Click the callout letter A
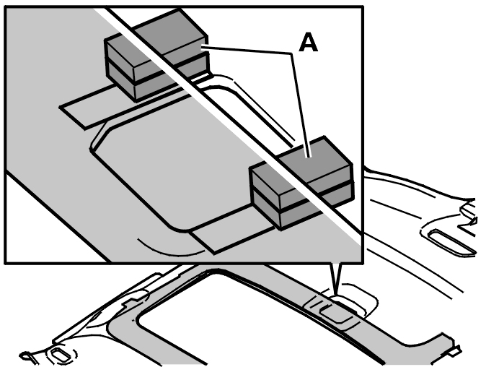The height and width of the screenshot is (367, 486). tap(309, 43)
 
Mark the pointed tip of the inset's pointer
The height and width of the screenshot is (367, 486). tap(335, 293)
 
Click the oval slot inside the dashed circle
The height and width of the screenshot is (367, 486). tap(61, 355)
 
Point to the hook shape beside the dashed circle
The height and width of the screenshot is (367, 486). tap(29, 356)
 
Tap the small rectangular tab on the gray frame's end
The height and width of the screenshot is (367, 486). tap(455, 351)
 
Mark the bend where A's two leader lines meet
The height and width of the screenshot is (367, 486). tap(291, 54)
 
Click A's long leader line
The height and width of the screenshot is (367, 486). tap(299, 105)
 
